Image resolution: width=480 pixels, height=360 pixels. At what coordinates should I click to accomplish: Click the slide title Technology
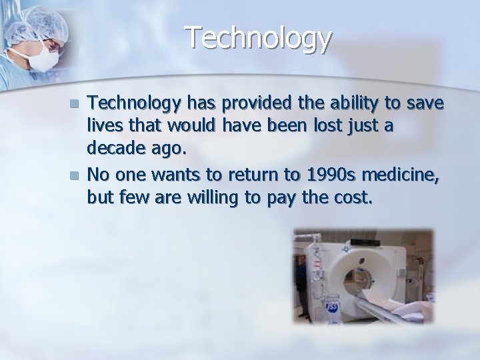pos(258,38)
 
